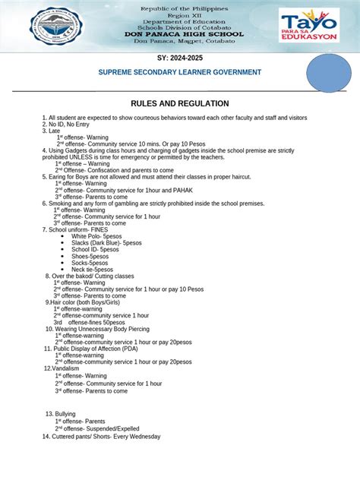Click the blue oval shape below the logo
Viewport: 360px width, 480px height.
pyautogui.click(x=328, y=76)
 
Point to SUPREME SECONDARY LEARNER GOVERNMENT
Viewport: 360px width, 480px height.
pyautogui.click(x=180, y=72)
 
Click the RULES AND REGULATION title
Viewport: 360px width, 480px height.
pyautogui.click(x=180, y=103)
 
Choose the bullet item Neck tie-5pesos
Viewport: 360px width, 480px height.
pyautogui.click(x=92, y=269)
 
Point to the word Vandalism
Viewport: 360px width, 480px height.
pyautogui.click(x=65, y=368)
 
